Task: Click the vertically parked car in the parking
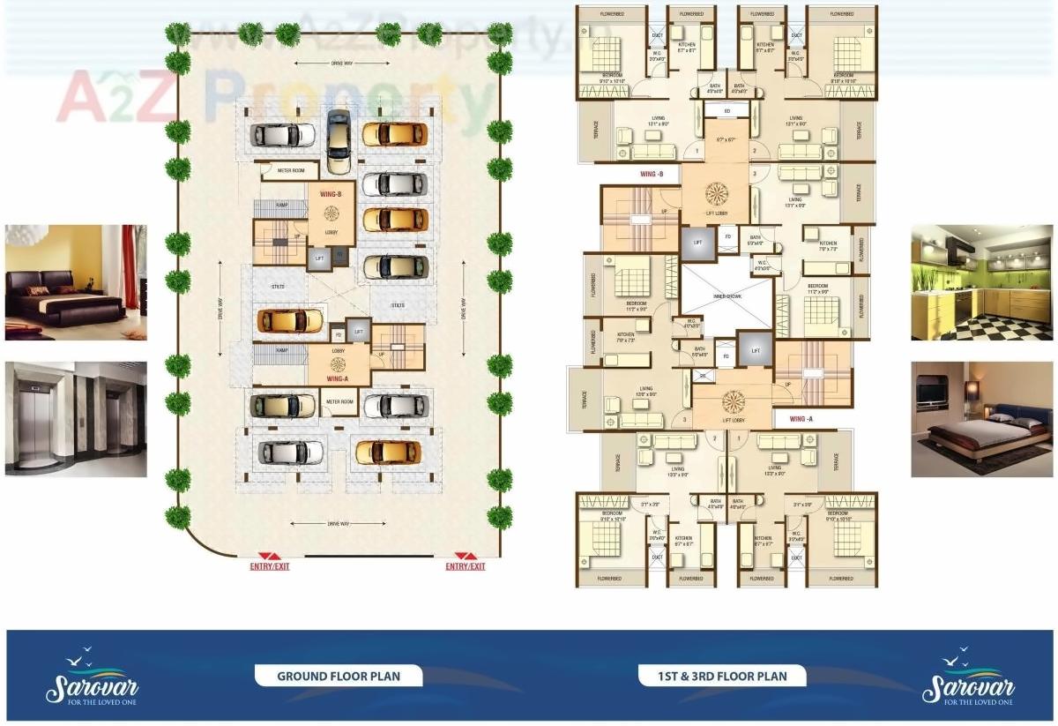pyautogui.click(x=337, y=141)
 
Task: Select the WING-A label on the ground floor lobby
pyautogui.click(x=339, y=378)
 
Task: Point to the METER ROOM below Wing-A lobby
pyautogui.click(x=339, y=401)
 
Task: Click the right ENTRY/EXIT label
pyautogui.click(x=465, y=566)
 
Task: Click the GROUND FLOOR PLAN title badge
pyautogui.click(x=339, y=677)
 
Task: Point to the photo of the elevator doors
pyautogui.click(x=76, y=419)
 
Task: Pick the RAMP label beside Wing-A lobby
pyautogui.click(x=281, y=350)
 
